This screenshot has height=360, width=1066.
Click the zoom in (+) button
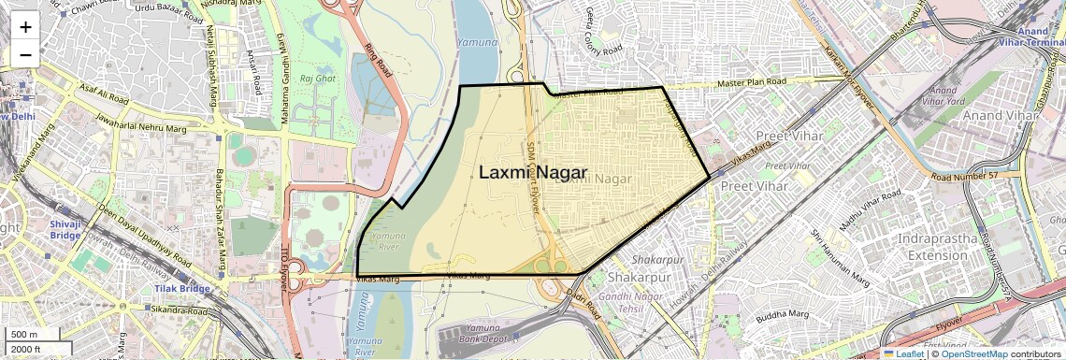pyautogui.click(x=25, y=26)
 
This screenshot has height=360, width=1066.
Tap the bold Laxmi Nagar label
pyautogui.click(x=532, y=173)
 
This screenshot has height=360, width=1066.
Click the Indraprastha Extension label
pyautogui.click(x=938, y=247)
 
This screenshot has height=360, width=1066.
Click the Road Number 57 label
pyautogui.click(x=965, y=176)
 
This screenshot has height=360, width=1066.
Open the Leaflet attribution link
pyautogui.click(x=905, y=353)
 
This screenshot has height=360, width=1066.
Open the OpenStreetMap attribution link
pyautogui.click(x=973, y=353)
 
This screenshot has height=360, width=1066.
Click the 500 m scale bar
pyautogui.click(x=25, y=335)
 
